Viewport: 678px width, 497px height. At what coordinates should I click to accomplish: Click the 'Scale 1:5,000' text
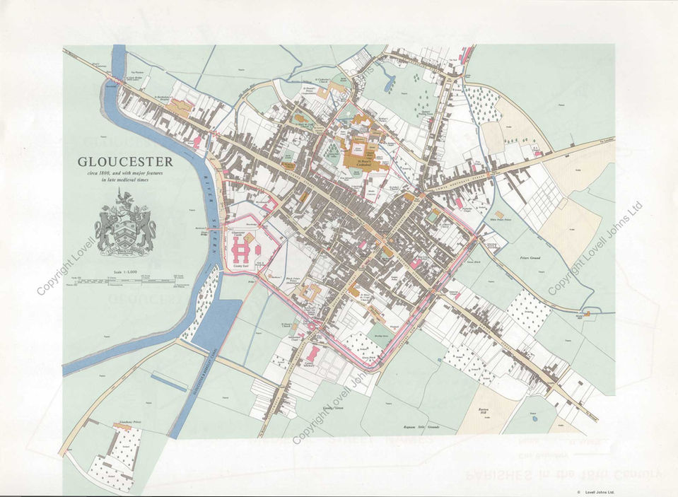126,272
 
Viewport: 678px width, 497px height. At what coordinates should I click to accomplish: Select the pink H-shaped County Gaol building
243,248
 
